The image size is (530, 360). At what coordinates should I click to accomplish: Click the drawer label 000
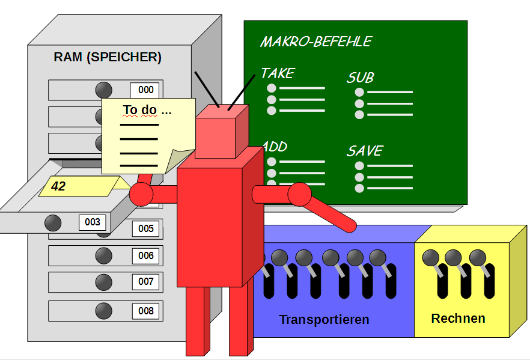click(x=145, y=90)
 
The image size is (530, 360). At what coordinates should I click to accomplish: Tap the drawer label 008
click(x=145, y=311)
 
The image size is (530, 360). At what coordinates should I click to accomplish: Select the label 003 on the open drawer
click(x=93, y=222)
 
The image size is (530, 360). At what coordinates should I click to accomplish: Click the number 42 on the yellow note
click(x=58, y=186)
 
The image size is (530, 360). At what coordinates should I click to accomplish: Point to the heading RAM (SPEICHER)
click(x=108, y=58)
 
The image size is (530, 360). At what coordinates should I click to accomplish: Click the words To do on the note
click(x=147, y=110)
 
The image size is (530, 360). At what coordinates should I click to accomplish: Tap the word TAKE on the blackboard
click(x=278, y=73)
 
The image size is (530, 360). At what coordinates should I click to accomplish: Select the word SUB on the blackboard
click(x=360, y=78)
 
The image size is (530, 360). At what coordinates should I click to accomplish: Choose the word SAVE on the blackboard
click(x=364, y=151)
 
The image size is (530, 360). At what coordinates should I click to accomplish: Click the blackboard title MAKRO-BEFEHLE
click(x=316, y=41)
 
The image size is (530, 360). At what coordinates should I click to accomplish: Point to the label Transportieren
click(x=324, y=319)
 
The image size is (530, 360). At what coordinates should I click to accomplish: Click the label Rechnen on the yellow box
click(x=458, y=318)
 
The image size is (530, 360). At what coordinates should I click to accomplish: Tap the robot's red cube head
click(x=221, y=132)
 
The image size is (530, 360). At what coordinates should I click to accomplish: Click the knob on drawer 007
click(x=103, y=282)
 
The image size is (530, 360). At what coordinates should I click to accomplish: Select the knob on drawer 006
click(x=103, y=255)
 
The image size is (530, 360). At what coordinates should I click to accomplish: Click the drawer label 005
click(x=145, y=228)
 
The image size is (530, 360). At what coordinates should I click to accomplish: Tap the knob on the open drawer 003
click(x=53, y=223)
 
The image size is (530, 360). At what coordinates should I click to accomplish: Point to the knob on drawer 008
click(x=103, y=311)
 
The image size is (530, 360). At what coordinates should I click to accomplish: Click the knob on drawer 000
click(x=103, y=90)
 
